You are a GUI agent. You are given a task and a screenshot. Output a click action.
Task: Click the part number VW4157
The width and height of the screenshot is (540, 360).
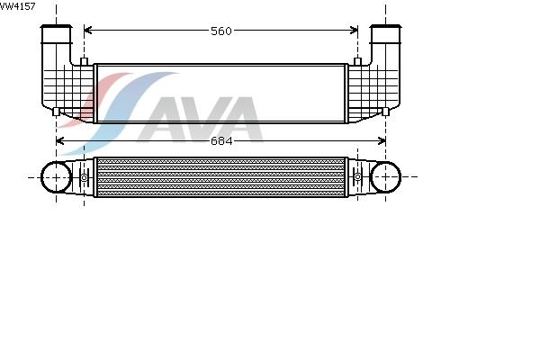click(x=17, y=6)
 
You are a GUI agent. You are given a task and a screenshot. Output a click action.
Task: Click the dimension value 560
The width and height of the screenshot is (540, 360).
click(x=221, y=31)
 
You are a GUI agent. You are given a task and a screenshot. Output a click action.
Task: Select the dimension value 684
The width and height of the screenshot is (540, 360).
click(x=221, y=141)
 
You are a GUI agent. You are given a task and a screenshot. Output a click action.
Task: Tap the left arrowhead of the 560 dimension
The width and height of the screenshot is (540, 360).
click(x=88, y=31)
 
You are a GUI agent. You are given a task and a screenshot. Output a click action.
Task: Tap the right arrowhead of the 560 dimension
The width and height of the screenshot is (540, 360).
click(x=354, y=31)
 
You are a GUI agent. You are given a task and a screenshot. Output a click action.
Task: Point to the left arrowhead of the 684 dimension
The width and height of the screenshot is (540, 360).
click(x=60, y=140)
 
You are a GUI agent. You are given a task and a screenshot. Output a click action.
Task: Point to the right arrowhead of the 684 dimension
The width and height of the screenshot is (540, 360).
click(x=382, y=140)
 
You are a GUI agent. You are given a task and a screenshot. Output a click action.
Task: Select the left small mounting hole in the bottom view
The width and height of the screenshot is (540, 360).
click(x=84, y=177)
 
